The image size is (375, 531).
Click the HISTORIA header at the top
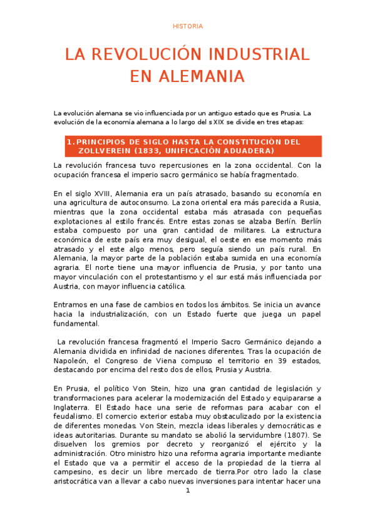pyautogui.click(x=188, y=26)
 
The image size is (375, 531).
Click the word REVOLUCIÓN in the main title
pyautogui.click(x=153, y=54)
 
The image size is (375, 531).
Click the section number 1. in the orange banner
pyautogui.click(x=71, y=142)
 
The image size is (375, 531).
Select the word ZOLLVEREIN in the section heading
pyautogui.click(x=104, y=151)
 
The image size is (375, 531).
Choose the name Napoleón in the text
pyautogui.click(x=73, y=360)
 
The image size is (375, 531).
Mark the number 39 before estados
pyautogui.click(x=265, y=360)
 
